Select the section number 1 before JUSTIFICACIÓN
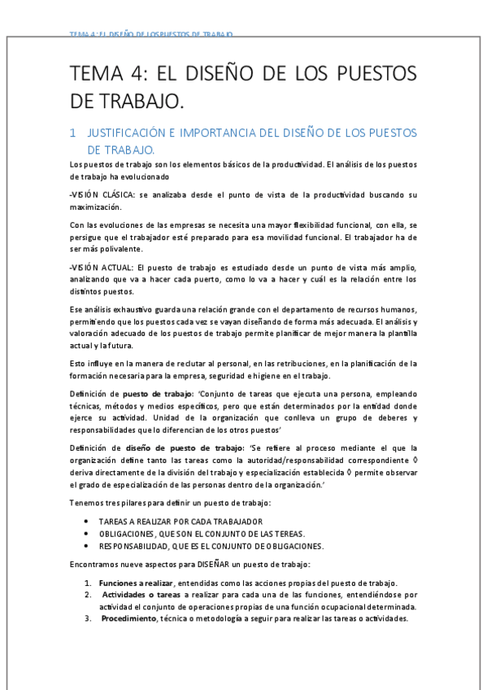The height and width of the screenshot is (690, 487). pos(73,133)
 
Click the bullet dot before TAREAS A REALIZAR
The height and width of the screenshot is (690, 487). pos(87,521)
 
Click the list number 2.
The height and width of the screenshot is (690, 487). pos(86,595)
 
